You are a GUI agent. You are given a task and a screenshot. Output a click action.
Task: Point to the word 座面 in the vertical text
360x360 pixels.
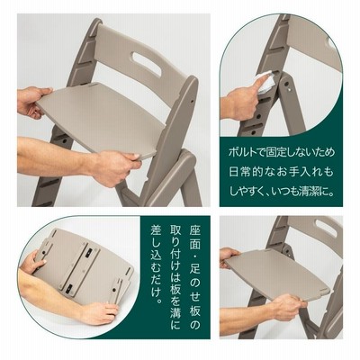tap(194, 236)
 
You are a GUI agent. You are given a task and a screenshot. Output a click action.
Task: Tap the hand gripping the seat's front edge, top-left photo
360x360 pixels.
tap(114, 166)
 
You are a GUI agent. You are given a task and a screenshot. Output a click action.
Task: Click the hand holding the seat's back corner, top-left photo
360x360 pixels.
tap(32, 102)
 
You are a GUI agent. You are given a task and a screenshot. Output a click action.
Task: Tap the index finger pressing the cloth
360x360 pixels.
tap(262, 85)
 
